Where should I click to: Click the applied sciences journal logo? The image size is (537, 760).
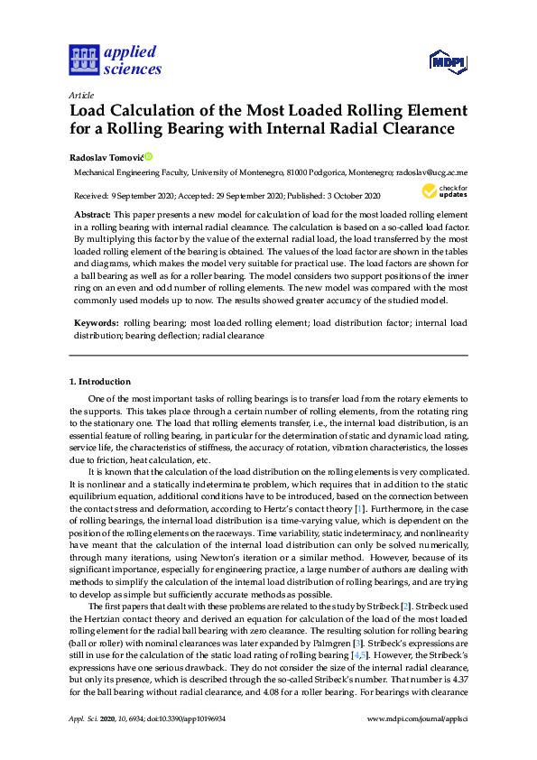point(115,60)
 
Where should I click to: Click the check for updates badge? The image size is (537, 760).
point(444,191)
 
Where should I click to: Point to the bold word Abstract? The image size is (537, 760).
point(93,213)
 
